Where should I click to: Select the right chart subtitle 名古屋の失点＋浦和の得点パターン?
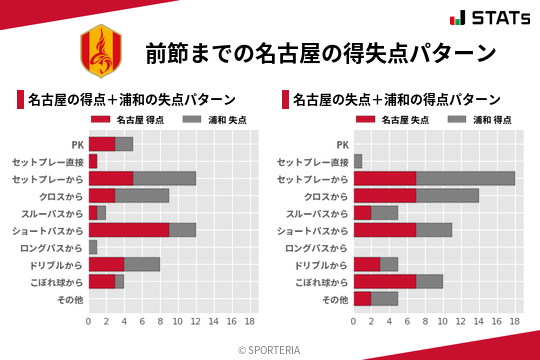397,100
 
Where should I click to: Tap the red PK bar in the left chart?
102,144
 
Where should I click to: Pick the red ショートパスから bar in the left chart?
129,230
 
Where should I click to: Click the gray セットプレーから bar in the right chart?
465,178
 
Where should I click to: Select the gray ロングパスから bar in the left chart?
93,247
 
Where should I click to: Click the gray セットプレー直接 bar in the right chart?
358,161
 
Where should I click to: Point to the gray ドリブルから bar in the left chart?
142,264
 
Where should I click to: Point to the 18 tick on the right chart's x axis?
515,322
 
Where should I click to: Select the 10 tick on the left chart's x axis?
178,322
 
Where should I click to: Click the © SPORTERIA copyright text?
270,349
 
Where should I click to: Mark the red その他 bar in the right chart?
362,299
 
